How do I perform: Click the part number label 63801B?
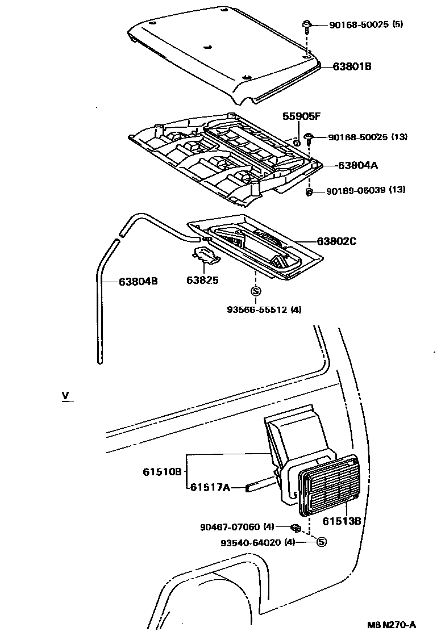pyautogui.click(x=352, y=66)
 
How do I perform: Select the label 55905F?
pyautogui.click(x=302, y=116)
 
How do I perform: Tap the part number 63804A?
pyautogui.click(x=358, y=166)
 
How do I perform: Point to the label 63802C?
pyautogui.click(x=336, y=241)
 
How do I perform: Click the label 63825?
pyautogui.click(x=202, y=280)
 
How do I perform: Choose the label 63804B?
pyautogui.click(x=138, y=281)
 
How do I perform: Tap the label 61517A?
pyautogui.click(x=209, y=487)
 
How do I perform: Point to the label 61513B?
pyautogui.click(x=342, y=520)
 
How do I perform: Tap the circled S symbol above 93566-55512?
pyautogui.click(x=255, y=291)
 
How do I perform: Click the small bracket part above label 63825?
pyautogui.click(x=207, y=255)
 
